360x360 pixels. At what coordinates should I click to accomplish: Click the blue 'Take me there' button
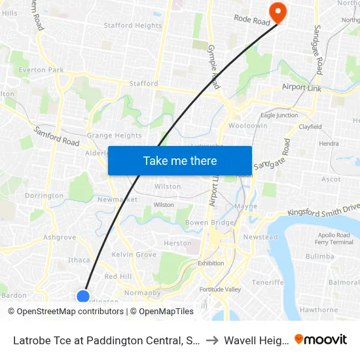pyautogui.click(x=179, y=160)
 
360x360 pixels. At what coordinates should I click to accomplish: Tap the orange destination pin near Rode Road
pyautogui.click(x=277, y=12)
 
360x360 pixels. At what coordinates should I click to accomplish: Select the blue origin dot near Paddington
pyautogui.click(x=83, y=296)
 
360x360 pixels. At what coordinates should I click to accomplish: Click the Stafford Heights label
pyautogui.click(x=133, y=26)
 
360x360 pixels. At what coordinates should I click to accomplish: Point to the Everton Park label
pyautogui.click(x=41, y=69)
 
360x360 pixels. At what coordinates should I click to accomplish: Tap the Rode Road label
pyautogui.click(x=252, y=22)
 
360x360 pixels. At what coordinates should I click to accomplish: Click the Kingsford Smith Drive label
pyautogui.click(x=324, y=211)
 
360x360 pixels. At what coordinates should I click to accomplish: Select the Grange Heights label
pyautogui.click(x=115, y=135)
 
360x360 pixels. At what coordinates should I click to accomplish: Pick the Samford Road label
pyautogui.click(x=57, y=136)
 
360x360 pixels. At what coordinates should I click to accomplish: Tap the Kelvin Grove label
pyautogui.click(x=134, y=254)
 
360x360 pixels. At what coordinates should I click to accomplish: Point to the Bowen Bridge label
pyautogui.click(x=209, y=223)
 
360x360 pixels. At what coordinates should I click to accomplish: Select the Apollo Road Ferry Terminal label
pyautogui.click(x=334, y=238)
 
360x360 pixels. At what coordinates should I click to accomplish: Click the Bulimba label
pyautogui.click(x=319, y=257)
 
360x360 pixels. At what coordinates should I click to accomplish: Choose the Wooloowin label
pyautogui.click(x=248, y=125)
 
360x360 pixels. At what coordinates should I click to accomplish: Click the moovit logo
pyautogui.click(x=321, y=339)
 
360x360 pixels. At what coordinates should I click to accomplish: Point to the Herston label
pyautogui.click(x=178, y=243)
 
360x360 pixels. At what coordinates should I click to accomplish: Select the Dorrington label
pyautogui.click(x=44, y=195)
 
